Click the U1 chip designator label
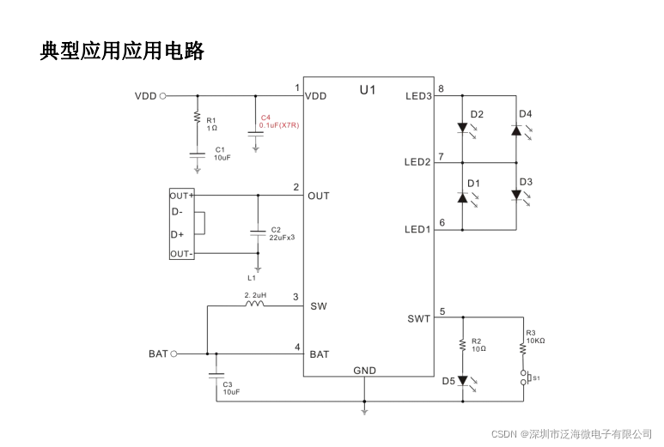[368, 89]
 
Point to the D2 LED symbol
[463, 129]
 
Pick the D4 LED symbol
[516, 129]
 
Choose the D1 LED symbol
[463, 196]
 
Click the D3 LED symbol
[516, 196]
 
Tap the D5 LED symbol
[463, 380]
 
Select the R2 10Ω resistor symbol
[463, 345]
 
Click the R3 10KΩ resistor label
[535, 336]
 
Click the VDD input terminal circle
[163, 96]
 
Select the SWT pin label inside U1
[418, 319]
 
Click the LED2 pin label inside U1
[417, 162]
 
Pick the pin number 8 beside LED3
[441, 89]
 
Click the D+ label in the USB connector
[177, 234]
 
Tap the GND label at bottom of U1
[364, 371]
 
